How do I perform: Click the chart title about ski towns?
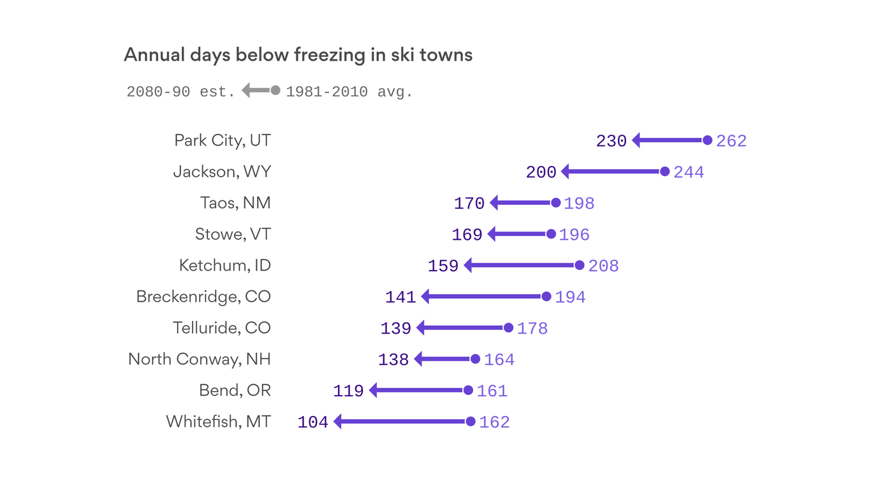(x=298, y=55)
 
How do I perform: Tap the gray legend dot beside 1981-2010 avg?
(x=275, y=91)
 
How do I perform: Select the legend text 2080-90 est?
(x=181, y=92)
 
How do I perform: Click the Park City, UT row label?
(x=223, y=140)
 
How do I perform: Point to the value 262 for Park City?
(x=731, y=141)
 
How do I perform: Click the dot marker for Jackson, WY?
(x=664, y=172)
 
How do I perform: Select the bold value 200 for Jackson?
(x=541, y=172)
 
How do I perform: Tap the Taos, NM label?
(x=235, y=203)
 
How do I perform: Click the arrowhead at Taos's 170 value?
(x=494, y=203)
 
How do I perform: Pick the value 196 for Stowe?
(x=574, y=235)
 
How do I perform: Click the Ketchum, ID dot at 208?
(x=579, y=265)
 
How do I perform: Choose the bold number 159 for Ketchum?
(x=443, y=266)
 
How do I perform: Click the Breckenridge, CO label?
(x=203, y=297)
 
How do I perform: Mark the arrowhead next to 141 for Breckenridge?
(x=426, y=297)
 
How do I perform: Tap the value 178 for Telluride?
(x=532, y=329)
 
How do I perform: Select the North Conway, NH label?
(x=200, y=359)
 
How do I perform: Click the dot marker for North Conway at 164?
(x=475, y=359)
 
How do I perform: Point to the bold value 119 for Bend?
(x=348, y=391)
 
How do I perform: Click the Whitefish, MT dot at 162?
(x=471, y=421)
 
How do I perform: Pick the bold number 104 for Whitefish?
(x=312, y=422)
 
